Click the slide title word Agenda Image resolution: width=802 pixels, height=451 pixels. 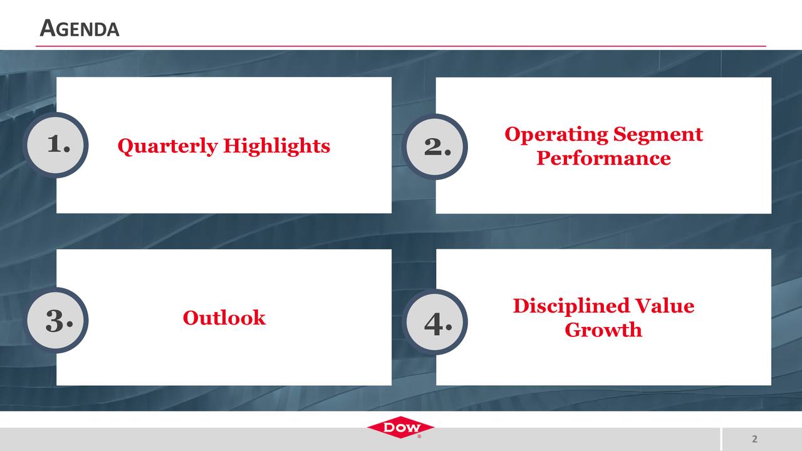point(79,29)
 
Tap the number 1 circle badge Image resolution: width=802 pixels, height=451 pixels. point(56,145)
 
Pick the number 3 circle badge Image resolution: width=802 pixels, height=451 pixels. point(56,320)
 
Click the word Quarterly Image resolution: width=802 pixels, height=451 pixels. point(167,146)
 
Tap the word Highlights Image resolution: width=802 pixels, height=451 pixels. point(276,146)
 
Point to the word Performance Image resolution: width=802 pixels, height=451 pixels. point(603,158)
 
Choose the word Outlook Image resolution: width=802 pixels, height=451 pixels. point(224,318)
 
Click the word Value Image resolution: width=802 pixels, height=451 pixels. point(665,306)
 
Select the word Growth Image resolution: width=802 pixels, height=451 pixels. point(603,329)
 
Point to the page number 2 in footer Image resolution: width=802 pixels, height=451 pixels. point(754,439)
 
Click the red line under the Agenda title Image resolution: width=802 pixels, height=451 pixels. point(401,46)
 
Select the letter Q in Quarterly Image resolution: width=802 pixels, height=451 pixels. point(125,146)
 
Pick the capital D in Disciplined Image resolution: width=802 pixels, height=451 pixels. point(521,306)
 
